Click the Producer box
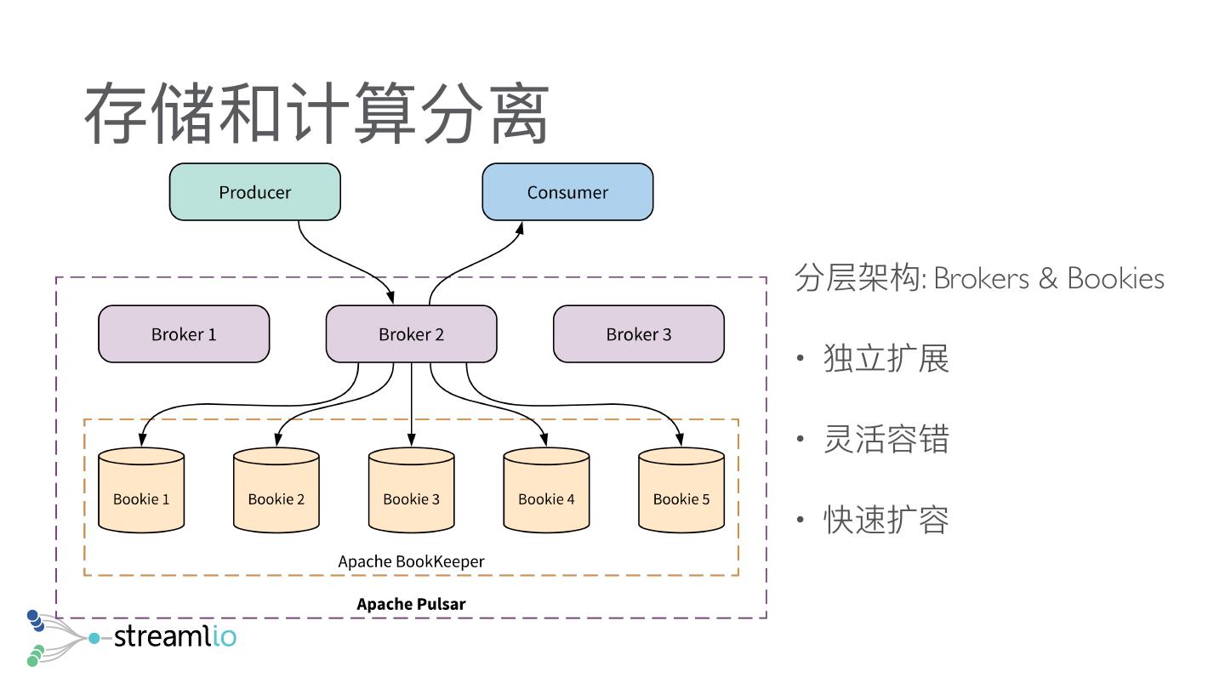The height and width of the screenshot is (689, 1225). click(255, 192)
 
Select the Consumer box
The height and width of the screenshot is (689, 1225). click(567, 192)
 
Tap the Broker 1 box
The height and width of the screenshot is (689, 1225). click(184, 334)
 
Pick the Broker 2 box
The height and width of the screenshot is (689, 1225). click(411, 334)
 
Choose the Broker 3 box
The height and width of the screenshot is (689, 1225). click(639, 334)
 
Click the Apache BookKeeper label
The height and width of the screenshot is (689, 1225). click(411, 561)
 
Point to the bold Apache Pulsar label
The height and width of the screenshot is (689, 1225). click(411, 604)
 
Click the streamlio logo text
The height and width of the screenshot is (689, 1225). click(174, 636)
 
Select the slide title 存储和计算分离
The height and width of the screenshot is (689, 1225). click(316, 113)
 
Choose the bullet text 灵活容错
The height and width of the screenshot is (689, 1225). click(886, 439)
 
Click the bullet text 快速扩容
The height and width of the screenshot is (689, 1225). click(886, 520)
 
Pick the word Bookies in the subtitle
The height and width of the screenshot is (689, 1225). click(1115, 278)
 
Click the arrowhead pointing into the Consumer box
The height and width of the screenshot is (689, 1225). click(520, 227)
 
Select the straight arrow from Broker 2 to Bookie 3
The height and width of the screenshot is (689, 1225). click(412, 404)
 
